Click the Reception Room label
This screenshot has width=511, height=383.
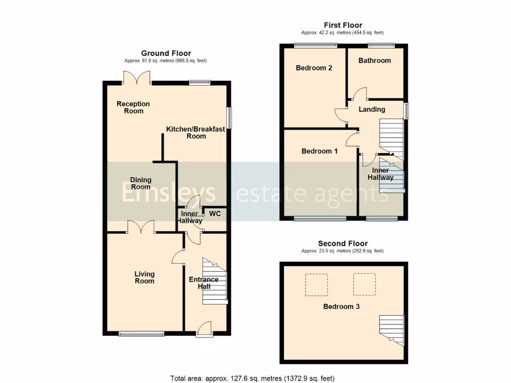pyautogui.click(x=133, y=107)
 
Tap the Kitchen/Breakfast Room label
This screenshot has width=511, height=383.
pyautogui.click(x=196, y=133)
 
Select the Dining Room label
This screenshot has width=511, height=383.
pyautogui.click(x=141, y=183)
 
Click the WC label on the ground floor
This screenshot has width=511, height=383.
pyautogui.click(x=215, y=213)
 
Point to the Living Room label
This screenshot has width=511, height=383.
pyautogui.click(x=144, y=277)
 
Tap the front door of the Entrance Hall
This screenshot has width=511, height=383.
pyautogui.click(x=204, y=329)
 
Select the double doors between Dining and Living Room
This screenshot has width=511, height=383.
pyautogui.click(x=141, y=227)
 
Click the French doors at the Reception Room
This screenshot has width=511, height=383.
pyautogui.click(x=137, y=77)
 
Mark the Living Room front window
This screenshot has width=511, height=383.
pyautogui.click(x=141, y=334)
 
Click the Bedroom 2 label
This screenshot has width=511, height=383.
pyautogui.click(x=314, y=68)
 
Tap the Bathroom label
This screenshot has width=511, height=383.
pyautogui.click(x=375, y=60)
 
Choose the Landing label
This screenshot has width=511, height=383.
pyautogui.click(x=372, y=109)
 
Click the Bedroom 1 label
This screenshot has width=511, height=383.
pyautogui.click(x=319, y=151)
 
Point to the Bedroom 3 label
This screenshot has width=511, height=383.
pyautogui.click(x=341, y=307)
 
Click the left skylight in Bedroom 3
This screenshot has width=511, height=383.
pyautogui.click(x=316, y=284)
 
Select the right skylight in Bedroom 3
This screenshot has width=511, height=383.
pyautogui.click(x=365, y=284)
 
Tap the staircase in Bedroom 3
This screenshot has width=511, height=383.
pyautogui.click(x=392, y=329)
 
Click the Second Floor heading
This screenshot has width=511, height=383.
pyautogui.click(x=343, y=243)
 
